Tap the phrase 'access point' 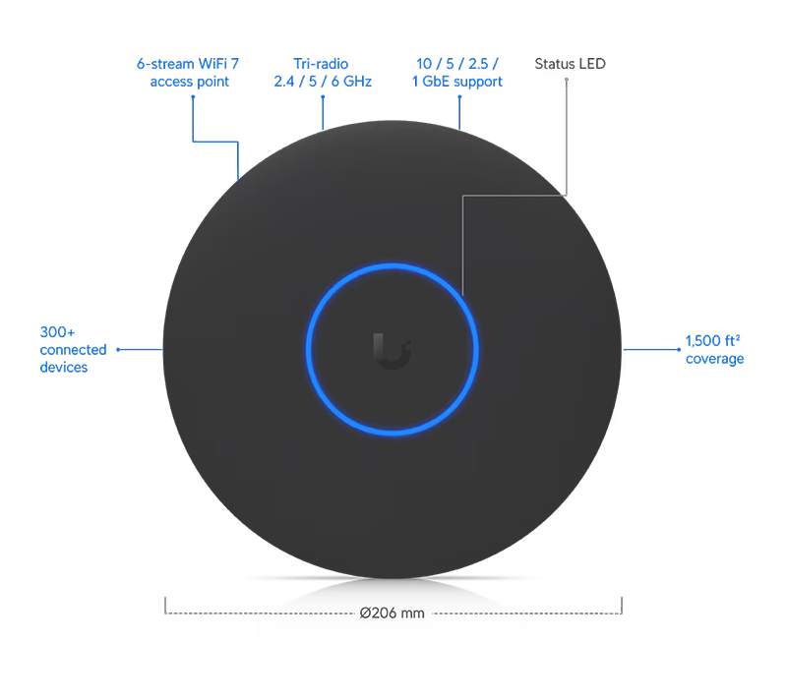[191, 82]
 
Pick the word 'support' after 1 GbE [476, 82]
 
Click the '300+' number [54, 331]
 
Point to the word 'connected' [74, 349]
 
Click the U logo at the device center [392, 350]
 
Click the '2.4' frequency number [287, 82]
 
